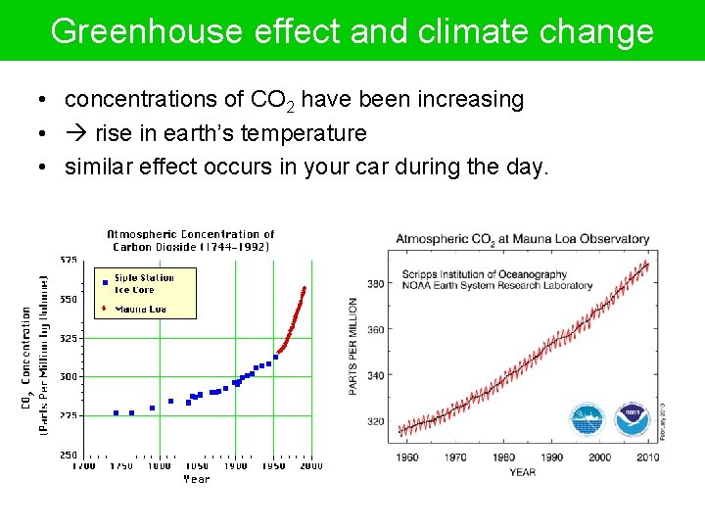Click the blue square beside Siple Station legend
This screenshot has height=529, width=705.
(104, 282)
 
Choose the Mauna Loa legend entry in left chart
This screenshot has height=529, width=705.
(140, 309)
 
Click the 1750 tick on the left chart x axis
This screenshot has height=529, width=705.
(121, 466)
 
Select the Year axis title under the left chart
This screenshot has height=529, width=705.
(196, 479)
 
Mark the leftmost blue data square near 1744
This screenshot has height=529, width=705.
(116, 412)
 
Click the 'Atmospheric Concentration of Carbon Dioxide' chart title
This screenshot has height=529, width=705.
(190, 240)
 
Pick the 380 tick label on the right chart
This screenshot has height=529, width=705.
(375, 284)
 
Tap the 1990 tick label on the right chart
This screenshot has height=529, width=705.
(551, 457)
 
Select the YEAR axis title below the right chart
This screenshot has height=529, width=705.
(522, 472)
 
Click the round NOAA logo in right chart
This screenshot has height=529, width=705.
(632, 419)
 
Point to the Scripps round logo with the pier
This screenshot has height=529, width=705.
(587, 419)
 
